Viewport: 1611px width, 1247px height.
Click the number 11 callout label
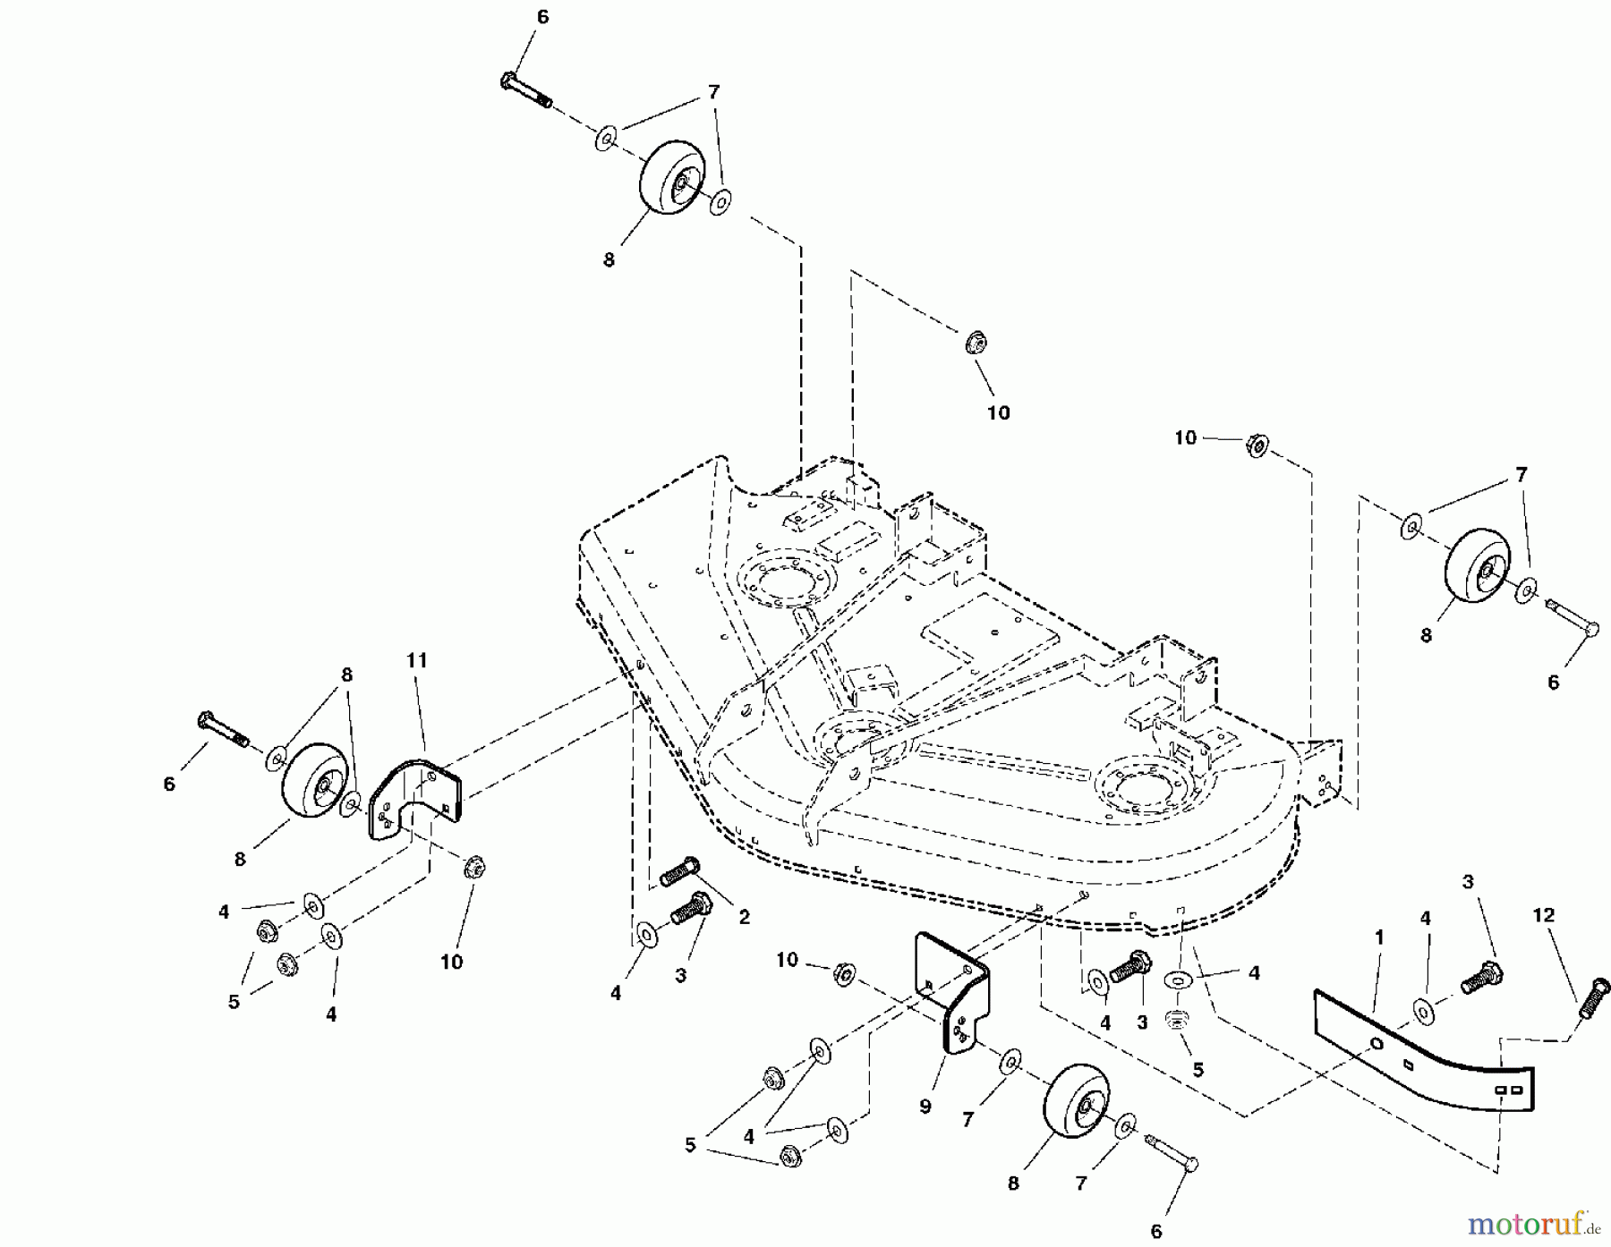pos(417,661)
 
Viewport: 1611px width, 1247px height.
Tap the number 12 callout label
pos(1544,916)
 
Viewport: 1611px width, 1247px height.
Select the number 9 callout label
pos(925,1107)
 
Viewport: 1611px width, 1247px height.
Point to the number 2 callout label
pos(744,918)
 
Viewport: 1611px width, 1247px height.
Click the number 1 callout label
pos(1379,937)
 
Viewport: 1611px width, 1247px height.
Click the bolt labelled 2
pos(679,871)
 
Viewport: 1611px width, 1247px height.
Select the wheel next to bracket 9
pos(1077,1105)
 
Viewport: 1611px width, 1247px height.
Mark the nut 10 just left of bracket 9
pos(842,973)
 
